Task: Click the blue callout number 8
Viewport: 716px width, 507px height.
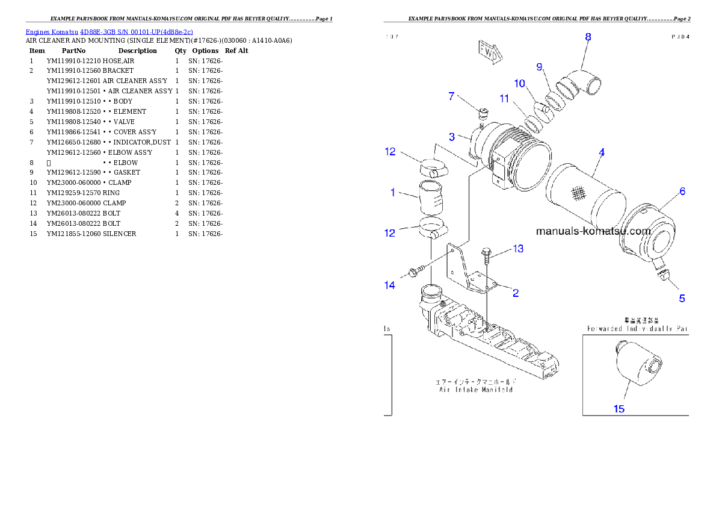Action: pos(588,37)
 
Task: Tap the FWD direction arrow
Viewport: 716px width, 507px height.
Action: pos(489,52)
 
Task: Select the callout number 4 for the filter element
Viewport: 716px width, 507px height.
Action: pos(601,153)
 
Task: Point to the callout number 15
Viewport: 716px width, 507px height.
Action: pos(619,409)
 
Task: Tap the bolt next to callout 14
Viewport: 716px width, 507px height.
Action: pos(414,272)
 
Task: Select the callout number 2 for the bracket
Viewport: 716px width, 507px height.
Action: pos(516,294)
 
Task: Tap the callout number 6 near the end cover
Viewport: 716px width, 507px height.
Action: pos(682,191)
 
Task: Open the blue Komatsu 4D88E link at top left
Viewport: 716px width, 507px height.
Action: pos(109,32)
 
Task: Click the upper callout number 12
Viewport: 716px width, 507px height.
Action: pos(390,152)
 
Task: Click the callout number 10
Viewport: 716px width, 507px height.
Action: pos(519,83)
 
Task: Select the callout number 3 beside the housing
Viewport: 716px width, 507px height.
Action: pos(451,137)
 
